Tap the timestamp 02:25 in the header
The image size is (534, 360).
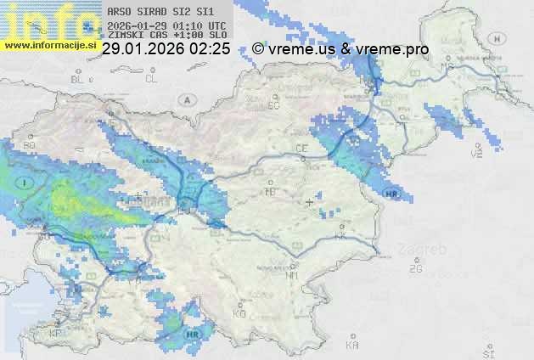point(210,49)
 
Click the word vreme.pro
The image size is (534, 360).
point(392,49)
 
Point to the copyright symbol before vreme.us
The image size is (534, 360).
point(258,49)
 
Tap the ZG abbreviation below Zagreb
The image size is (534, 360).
point(415,269)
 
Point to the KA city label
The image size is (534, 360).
point(352,345)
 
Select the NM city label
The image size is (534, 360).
point(293,275)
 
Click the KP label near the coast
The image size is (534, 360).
point(56,333)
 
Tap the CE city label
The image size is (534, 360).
point(301,149)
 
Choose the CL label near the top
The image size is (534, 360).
point(151,79)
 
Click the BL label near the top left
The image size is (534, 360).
point(79,79)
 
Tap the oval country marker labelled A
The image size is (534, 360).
point(186,99)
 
